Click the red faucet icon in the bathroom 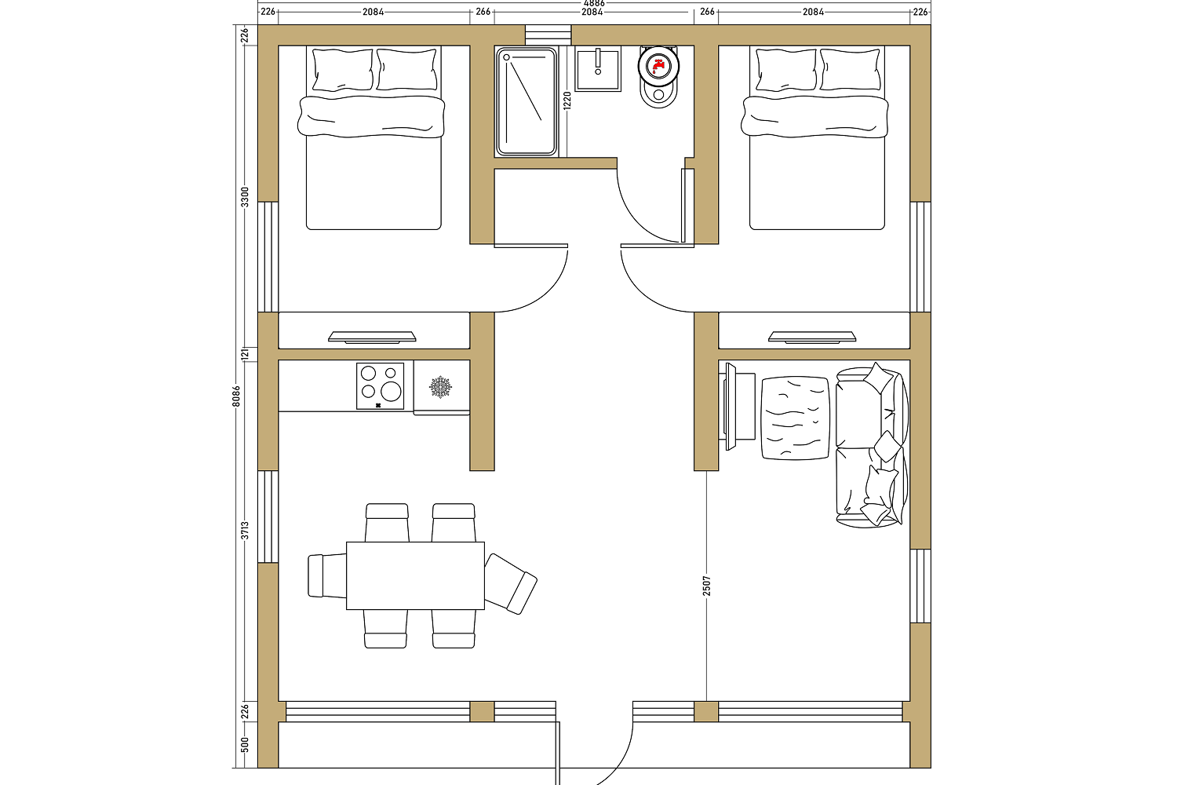pyautogui.click(x=658, y=66)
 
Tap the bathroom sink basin pyautogui.click(x=598, y=68)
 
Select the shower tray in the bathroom pyautogui.click(x=526, y=102)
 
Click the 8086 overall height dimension pyautogui.click(x=236, y=396)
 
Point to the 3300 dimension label pyautogui.click(x=245, y=197)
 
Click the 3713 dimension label pyautogui.click(x=245, y=530)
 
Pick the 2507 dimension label pyautogui.click(x=707, y=586)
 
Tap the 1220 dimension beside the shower pyautogui.click(x=567, y=100)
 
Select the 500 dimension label pyautogui.click(x=245, y=744)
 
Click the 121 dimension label pyautogui.click(x=245, y=354)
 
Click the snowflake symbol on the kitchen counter pyautogui.click(x=440, y=387)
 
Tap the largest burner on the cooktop pyautogui.click(x=391, y=391)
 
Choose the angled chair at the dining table pyautogui.click(x=510, y=583)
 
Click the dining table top pyautogui.click(x=415, y=575)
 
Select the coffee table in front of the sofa pyautogui.click(x=796, y=418)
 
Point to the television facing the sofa pyautogui.click(x=731, y=407)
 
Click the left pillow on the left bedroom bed pyautogui.click(x=343, y=70)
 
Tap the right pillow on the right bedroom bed pyautogui.click(x=850, y=69)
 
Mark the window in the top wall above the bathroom pyautogui.click(x=548, y=35)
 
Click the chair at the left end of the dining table pyautogui.click(x=327, y=575)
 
